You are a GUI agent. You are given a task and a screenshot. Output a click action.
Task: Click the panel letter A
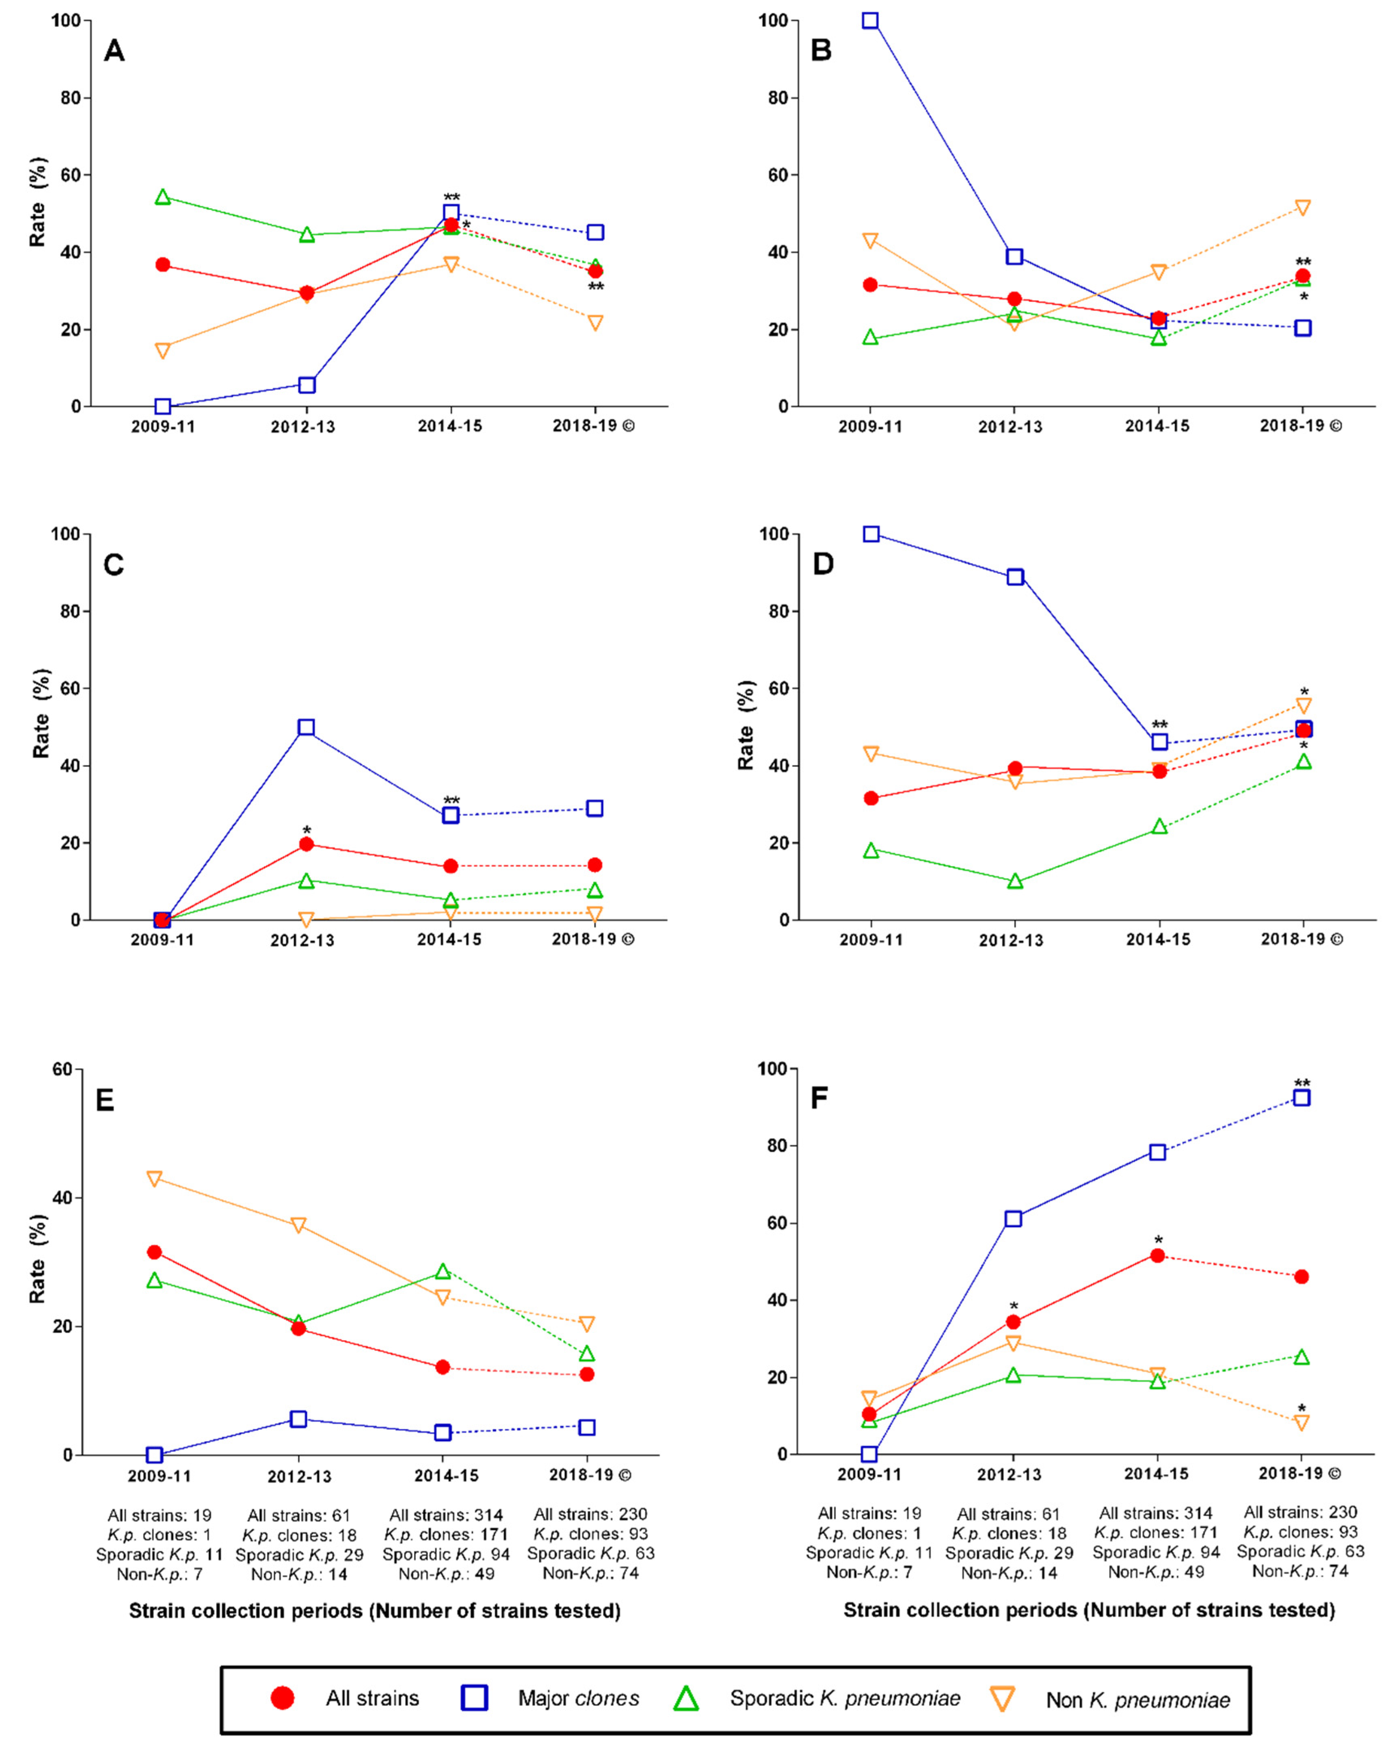(114, 51)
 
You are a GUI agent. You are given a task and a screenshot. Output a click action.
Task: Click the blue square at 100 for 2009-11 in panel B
(870, 20)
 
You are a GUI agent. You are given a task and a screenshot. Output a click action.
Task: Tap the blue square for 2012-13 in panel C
(306, 727)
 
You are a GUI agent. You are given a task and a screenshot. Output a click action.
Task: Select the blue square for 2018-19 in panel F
(1301, 1097)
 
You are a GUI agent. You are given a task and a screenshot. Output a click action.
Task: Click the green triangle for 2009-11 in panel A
(163, 197)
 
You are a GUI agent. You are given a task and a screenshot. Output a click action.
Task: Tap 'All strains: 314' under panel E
(446, 1515)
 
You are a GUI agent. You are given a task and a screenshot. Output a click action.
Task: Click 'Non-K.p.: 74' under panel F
(1300, 1571)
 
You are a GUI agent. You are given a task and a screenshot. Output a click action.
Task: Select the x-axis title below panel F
(1089, 1610)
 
